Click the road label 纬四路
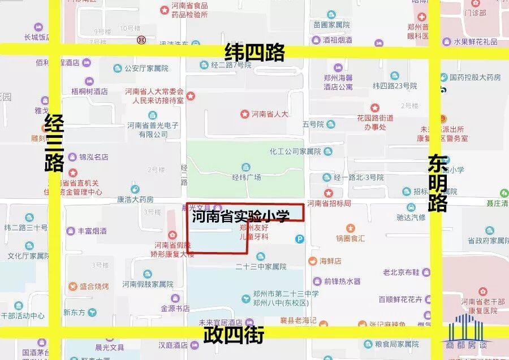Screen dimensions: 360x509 pyautogui.click(x=255, y=53)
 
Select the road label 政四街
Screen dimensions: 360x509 pyautogui.click(x=234, y=336)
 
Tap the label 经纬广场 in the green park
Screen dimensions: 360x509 pyautogui.click(x=247, y=177)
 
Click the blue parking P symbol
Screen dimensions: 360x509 pyautogui.click(x=300, y=239)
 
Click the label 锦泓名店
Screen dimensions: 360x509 pyautogui.click(x=93, y=157)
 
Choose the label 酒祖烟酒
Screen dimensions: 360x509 pyautogui.click(x=337, y=40)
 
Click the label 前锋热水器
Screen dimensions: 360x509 pyautogui.click(x=342, y=281)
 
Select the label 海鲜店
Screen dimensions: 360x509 pyautogui.click(x=330, y=261)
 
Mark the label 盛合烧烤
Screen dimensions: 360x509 pyautogui.click(x=93, y=287)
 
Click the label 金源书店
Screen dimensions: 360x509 pyautogui.click(x=175, y=309)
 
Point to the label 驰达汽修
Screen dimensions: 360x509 pyautogui.click(x=411, y=216)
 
